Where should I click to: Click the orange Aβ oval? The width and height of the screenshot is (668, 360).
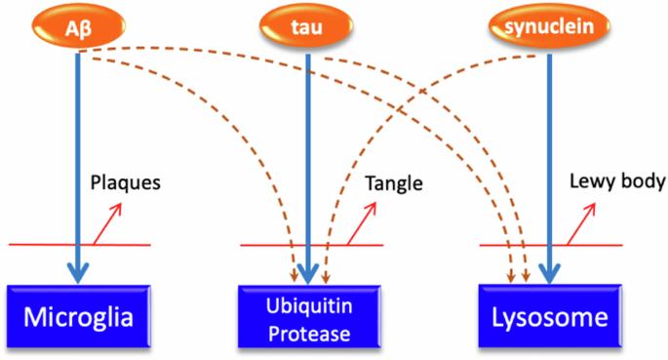click(79, 26)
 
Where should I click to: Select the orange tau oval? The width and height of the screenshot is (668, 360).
click(307, 26)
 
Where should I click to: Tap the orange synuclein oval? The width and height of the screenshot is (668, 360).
click(549, 26)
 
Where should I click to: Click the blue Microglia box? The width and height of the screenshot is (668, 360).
click(79, 316)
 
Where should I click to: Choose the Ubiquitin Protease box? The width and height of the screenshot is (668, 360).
click(309, 316)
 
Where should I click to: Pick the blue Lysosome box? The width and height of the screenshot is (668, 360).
click(550, 316)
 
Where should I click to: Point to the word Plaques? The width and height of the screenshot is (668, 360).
click(126, 182)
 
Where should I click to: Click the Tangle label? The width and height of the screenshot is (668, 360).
click(394, 183)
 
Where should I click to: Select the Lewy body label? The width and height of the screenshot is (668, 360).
click(617, 181)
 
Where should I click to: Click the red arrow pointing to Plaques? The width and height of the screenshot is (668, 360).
click(108, 223)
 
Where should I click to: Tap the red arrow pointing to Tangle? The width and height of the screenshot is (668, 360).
click(362, 223)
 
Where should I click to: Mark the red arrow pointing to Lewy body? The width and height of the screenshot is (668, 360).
click(581, 223)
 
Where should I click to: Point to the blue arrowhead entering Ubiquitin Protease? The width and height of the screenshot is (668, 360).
click(307, 273)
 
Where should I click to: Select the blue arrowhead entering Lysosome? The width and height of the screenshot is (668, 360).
click(550, 273)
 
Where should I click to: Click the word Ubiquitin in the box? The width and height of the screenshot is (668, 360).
click(309, 306)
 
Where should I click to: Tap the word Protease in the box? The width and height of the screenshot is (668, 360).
click(309, 334)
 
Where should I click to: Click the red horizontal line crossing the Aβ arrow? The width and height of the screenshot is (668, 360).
click(80, 245)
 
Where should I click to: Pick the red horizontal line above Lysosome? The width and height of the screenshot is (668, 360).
click(551, 245)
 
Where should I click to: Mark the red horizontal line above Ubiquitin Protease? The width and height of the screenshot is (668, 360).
click(312, 245)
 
